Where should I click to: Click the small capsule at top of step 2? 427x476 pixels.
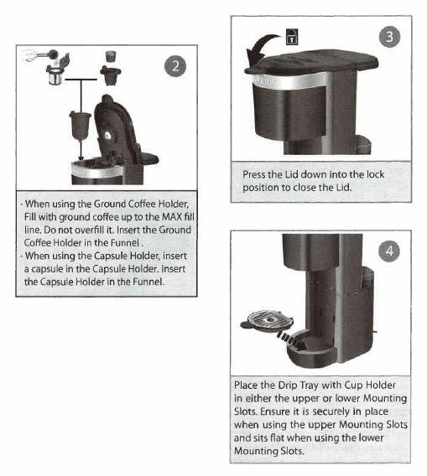click(108, 57)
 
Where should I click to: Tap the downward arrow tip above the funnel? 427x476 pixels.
click(81, 153)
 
